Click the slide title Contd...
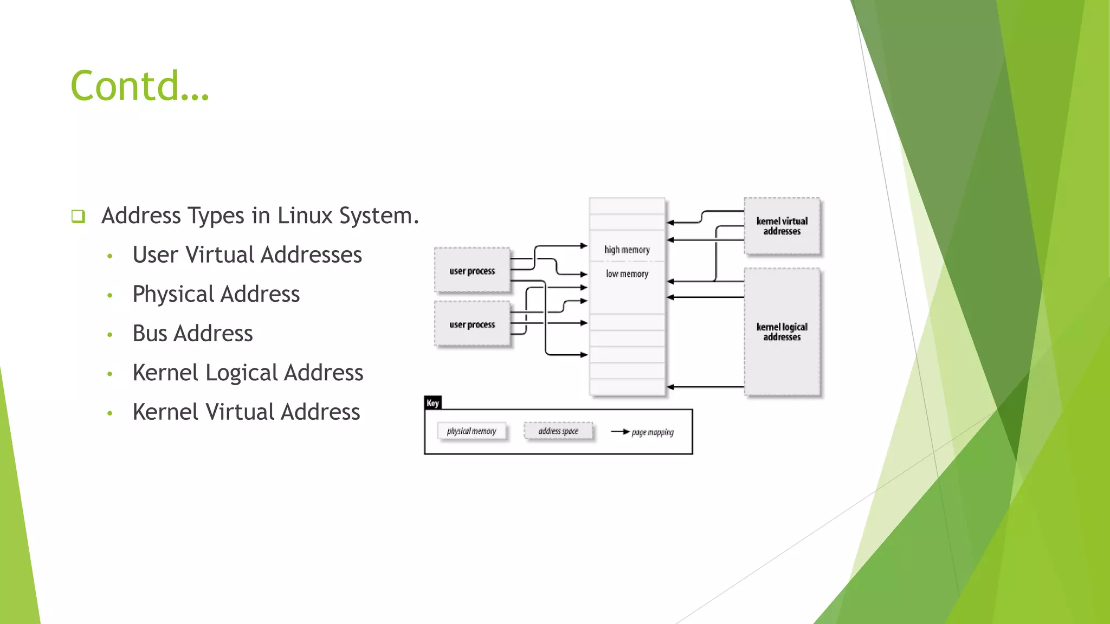139,86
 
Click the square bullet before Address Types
78,217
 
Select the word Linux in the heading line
305,216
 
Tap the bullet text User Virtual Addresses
247,255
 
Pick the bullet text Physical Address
216,294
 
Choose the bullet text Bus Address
192,333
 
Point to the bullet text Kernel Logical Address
248,373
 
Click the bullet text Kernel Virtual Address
246,412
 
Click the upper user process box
472,270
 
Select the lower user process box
472,324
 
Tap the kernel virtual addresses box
782,226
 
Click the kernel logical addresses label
782,331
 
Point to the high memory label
627,250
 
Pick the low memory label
627,274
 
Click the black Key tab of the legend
433,403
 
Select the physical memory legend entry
472,431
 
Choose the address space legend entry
558,431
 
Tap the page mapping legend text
653,432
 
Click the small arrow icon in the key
621,432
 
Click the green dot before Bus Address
110,335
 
